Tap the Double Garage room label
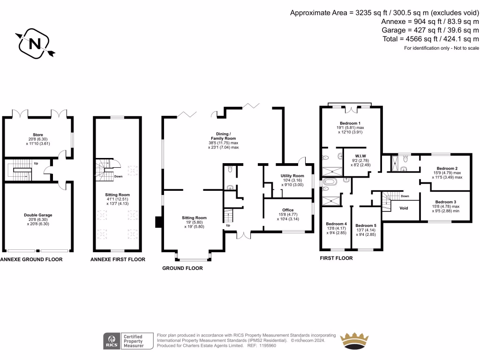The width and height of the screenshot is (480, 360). tap(38, 215)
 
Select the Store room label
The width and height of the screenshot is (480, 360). tap(38, 135)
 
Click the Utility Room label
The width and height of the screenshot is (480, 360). tap(292, 176)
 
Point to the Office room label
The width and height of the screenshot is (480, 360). tap(288, 210)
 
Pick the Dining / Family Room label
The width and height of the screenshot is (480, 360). tap(223, 135)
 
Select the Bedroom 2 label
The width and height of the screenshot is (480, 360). tap(447, 168)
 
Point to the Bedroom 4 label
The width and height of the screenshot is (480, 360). tap(336, 224)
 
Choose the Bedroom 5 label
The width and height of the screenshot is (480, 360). tap(366, 225)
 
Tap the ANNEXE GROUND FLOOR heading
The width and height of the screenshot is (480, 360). tap(31, 259)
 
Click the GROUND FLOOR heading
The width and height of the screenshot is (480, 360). tap(182, 269)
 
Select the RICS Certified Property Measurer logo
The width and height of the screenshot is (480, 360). tap(129, 340)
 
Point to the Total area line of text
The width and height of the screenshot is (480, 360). tap(430, 38)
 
